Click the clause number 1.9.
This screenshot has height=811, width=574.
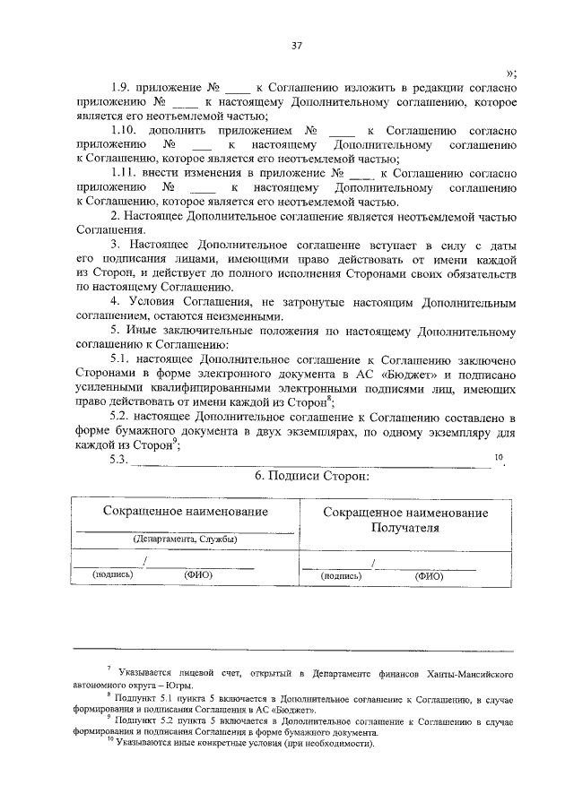(122, 88)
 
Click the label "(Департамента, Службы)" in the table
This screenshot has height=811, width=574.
(185, 539)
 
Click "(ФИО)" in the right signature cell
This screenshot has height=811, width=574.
(429, 576)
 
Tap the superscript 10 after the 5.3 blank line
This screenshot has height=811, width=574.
(500, 457)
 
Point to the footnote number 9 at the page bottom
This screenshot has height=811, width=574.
(109, 717)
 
